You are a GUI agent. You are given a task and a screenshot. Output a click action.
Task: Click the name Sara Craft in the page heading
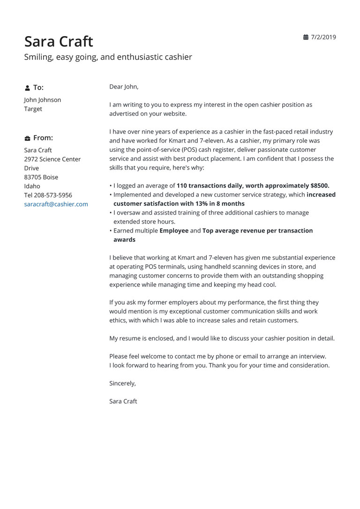click(59, 41)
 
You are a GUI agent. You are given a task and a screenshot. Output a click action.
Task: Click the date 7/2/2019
click(323, 37)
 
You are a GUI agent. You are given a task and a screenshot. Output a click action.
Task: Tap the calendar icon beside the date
click(306, 37)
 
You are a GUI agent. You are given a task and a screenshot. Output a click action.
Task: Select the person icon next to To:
click(27, 88)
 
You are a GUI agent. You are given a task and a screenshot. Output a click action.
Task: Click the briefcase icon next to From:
click(27, 138)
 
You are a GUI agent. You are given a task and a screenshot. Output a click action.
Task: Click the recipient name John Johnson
click(42, 100)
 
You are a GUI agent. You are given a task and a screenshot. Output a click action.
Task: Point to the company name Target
click(33, 109)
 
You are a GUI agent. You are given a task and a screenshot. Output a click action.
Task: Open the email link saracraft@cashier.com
click(56, 204)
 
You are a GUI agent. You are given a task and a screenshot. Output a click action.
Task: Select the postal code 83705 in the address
click(33, 177)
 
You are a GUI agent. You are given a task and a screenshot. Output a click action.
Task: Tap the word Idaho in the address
click(32, 186)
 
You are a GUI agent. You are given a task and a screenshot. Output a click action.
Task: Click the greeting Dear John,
click(124, 87)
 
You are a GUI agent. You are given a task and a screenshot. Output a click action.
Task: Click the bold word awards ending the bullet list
click(124, 240)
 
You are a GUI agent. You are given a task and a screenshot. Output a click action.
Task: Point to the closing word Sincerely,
click(122, 383)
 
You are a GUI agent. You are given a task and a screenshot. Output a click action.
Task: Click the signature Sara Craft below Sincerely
click(123, 401)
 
